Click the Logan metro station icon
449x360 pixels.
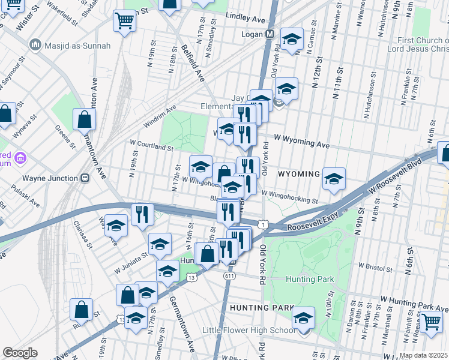(x=270, y=34)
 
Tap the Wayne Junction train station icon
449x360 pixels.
(x=85, y=178)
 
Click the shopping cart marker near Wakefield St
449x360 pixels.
(x=124, y=21)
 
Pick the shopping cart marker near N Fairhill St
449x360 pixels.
(x=431, y=322)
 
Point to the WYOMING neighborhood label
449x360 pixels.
(x=299, y=174)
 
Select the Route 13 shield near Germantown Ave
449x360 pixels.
(x=191, y=277)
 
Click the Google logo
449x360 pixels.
(x=20, y=353)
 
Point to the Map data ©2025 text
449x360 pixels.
(x=424, y=355)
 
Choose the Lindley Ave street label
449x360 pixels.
(x=246, y=20)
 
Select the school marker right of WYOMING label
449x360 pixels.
(x=334, y=178)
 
